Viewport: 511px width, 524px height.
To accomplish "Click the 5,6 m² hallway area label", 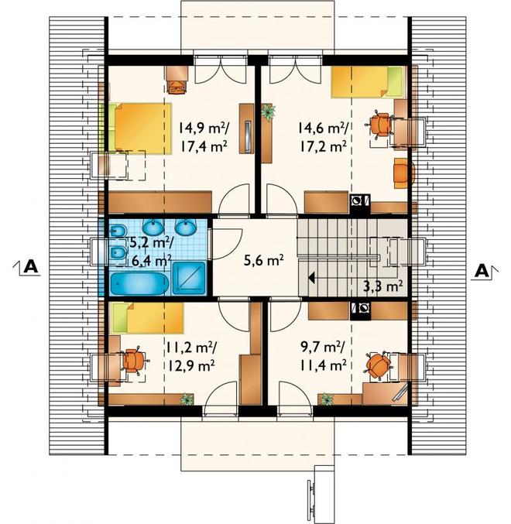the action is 264,260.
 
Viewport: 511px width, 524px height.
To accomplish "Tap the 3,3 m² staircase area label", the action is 382,286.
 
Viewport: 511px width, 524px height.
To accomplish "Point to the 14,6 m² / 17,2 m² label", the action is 323,137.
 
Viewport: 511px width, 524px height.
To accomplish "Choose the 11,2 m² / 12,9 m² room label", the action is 191,357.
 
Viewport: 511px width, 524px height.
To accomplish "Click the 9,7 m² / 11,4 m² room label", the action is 323,357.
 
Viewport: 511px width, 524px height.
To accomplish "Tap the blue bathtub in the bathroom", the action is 139,284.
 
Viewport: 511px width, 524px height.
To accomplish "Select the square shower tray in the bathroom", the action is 189,279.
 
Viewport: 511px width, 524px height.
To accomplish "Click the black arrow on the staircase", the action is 311,278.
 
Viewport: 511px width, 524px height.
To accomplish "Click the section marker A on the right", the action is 485,271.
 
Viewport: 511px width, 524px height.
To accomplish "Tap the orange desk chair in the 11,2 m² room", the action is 135,361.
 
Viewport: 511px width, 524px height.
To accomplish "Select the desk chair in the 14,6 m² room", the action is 379,125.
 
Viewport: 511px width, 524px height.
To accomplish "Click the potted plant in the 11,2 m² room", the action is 187,399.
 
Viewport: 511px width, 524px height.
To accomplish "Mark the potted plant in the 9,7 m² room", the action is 327,399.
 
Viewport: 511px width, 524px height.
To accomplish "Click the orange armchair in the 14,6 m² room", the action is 404,173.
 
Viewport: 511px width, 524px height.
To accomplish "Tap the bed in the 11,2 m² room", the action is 148,318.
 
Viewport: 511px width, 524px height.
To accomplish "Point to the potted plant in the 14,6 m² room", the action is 269,111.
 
